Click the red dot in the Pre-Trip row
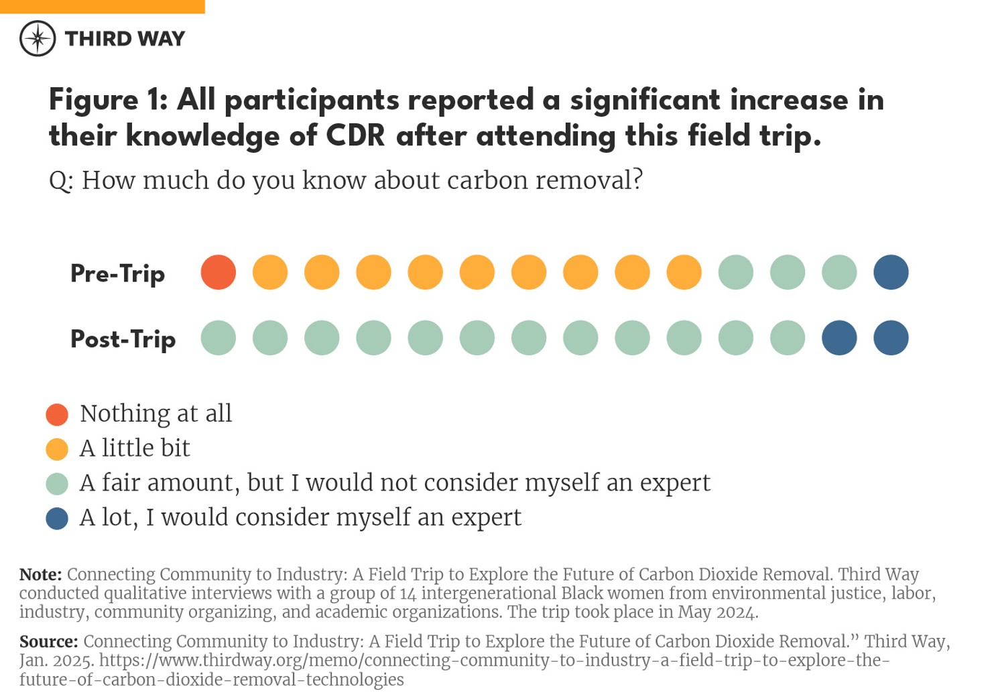(x=219, y=273)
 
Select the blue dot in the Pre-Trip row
(x=891, y=273)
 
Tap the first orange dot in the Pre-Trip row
(x=270, y=273)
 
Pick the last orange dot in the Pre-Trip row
(x=684, y=273)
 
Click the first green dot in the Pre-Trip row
(x=735, y=273)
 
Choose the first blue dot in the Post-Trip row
(x=839, y=338)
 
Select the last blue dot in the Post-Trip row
(x=891, y=338)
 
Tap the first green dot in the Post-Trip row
(x=219, y=338)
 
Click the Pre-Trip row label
(x=118, y=273)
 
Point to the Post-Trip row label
(x=123, y=339)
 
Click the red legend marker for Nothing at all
(x=57, y=415)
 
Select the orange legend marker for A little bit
(x=57, y=449)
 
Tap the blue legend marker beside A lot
(x=57, y=518)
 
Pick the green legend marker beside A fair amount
(x=57, y=484)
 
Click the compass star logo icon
(x=38, y=38)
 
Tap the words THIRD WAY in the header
(x=125, y=39)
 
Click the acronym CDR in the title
(x=355, y=136)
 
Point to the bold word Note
(x=40, y=574)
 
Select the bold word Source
(x=48, y=641)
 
